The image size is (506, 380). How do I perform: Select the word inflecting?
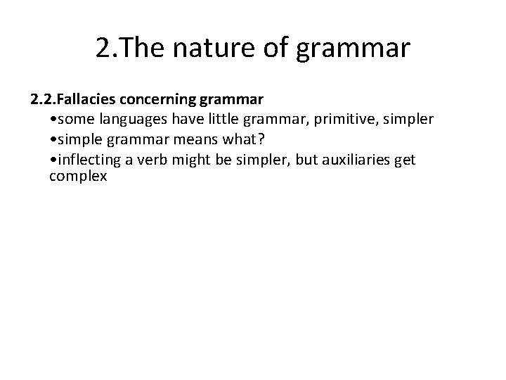pyautogui.click(x=86, y=160)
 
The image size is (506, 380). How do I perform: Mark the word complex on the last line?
pyautogui.click(x=78, y=177)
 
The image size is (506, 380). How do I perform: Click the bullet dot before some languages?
pyautogui.click(x=55, y=120)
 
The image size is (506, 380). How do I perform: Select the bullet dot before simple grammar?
pyautogui.click(x=55, y=140)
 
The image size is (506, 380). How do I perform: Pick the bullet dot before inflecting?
pyautogui.click(x=55, y=160)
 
